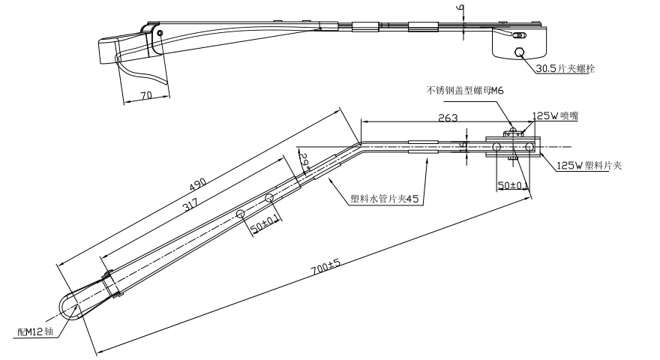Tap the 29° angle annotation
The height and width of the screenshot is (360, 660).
click(304, 159)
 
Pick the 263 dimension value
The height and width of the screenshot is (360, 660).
click(448, 117)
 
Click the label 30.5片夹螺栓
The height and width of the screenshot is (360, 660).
click(568, 68)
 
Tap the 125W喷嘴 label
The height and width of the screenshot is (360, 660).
click(555, 116)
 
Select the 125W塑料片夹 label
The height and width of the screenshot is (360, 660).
click(589, 166)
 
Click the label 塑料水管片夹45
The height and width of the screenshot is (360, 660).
click(384, 199)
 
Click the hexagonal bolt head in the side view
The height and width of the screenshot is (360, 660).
click(519, 52)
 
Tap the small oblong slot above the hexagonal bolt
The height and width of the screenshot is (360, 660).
click(517, 35)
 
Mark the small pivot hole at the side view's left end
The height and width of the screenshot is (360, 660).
click(160, 34)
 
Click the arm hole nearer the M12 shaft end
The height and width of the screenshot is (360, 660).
click(241, 214)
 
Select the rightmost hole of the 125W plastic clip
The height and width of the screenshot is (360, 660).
click(529, 145)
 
